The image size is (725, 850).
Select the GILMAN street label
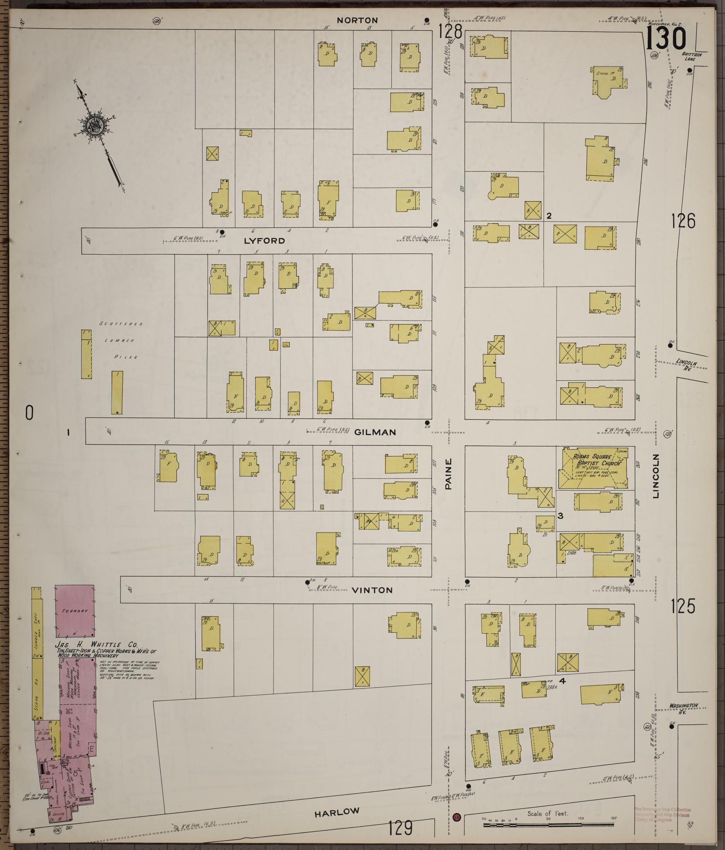point(375,432)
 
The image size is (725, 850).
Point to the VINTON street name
point(372,590)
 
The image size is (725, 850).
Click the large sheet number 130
point(666,38)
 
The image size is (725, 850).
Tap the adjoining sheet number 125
point(683,607)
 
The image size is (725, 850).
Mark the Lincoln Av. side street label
point(687,365)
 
